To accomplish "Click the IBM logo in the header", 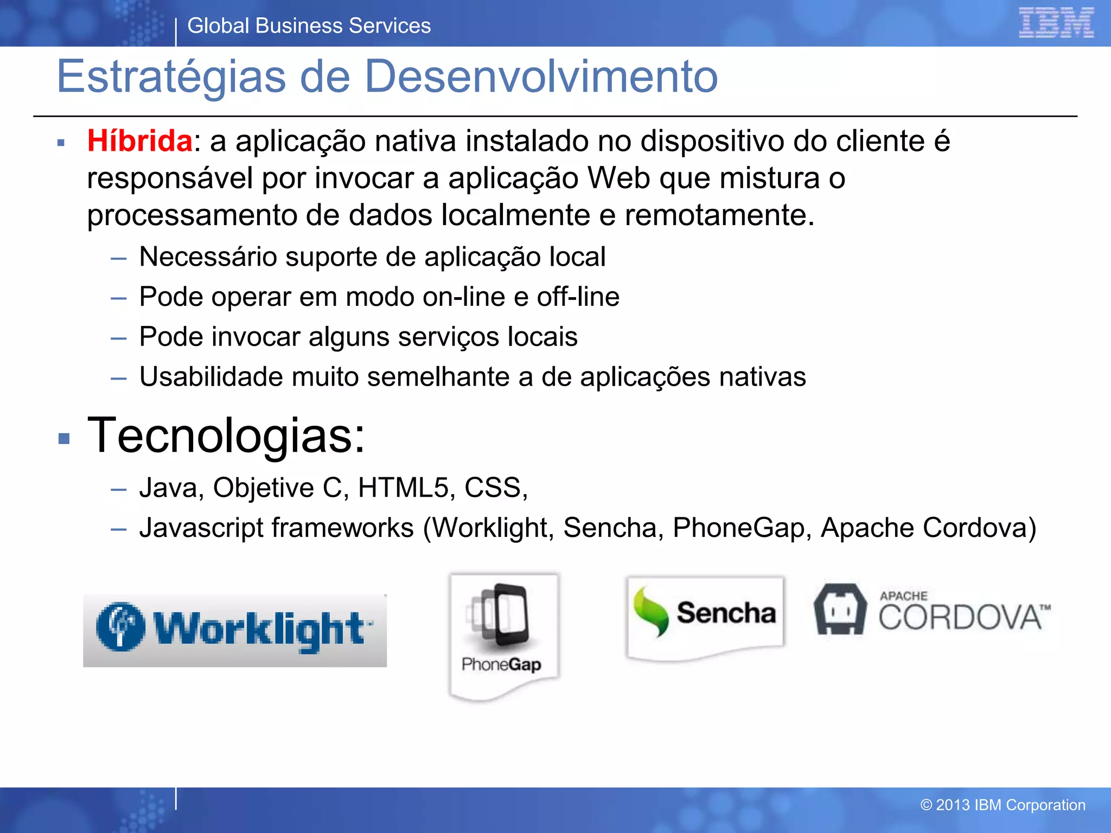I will (x=1056, y=23).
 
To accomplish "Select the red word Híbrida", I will (x=139, y=141).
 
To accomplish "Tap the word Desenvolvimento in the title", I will (x=541, y=76).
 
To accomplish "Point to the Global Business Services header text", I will (x=309, y=26).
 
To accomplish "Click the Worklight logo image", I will (x=234, y=630).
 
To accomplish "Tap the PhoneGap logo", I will (x=503, y=635).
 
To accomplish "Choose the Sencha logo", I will (x=705, y=616).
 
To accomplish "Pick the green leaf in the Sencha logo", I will (x=651, y=612).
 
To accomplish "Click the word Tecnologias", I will (x=226, y=435).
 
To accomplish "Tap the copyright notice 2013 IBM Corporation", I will (x=1003, y=805).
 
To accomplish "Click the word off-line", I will (x=578, y=297).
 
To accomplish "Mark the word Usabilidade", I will (x=211, y=377).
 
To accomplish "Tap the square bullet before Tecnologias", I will (x=64, y=438).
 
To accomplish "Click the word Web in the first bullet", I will (x=618, y=178).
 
